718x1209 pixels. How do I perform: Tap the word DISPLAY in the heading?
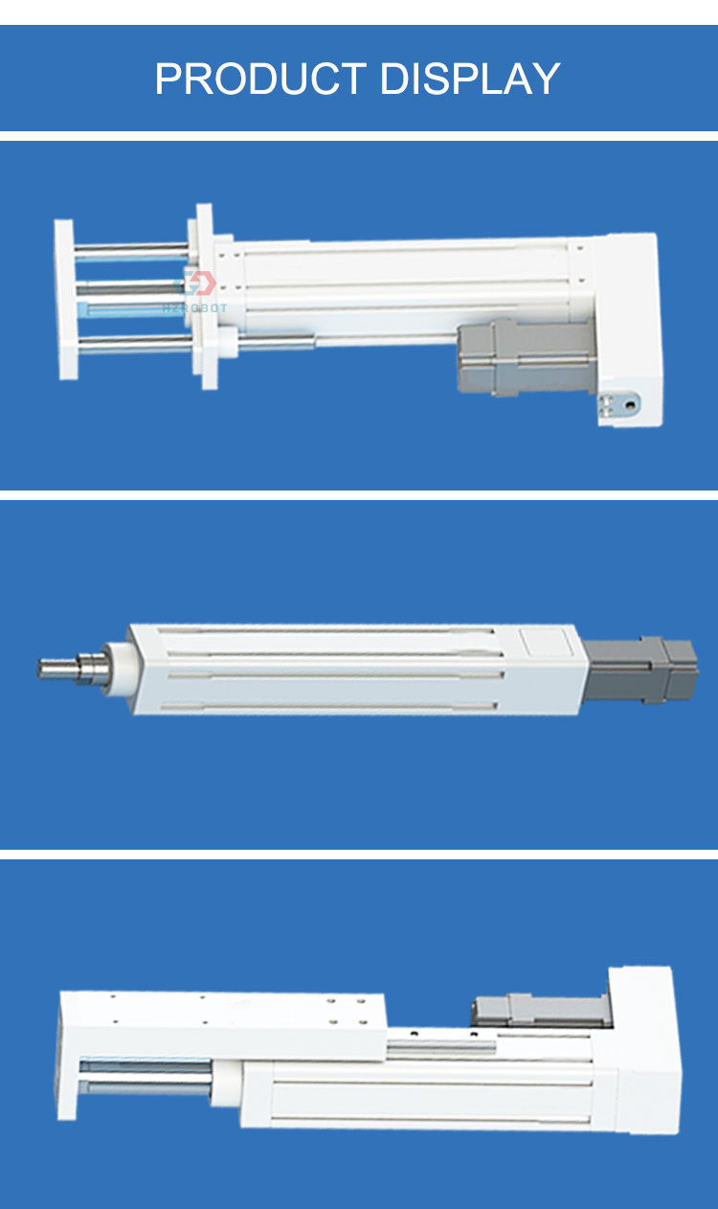click(469, 79)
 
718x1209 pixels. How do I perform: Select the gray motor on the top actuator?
click(525, 357)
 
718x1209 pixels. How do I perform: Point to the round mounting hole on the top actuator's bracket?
click(630, 405)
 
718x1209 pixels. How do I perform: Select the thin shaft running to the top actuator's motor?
click(278, 340)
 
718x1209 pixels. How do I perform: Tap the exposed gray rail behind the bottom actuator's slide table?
click(440, 1049)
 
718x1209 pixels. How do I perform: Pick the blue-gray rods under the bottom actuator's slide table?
click(144, 1078)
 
